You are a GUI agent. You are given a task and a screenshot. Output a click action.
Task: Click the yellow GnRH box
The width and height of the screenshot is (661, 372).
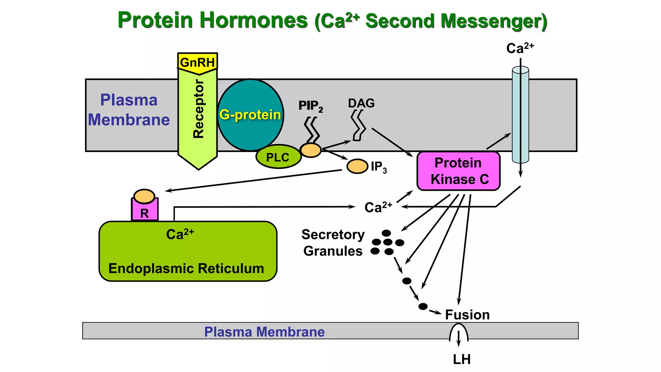(197, 62)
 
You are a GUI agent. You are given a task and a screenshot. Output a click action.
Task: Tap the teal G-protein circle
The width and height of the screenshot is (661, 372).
(250, 115)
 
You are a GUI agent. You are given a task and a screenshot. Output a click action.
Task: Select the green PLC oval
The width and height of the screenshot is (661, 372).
(278, 157)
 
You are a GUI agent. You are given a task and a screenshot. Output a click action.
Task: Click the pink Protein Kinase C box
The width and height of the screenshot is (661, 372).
(458, 171)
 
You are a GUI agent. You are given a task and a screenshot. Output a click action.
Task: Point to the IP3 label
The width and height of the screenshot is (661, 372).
(379, 167)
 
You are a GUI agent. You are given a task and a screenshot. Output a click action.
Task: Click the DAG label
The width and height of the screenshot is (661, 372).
(361, 103)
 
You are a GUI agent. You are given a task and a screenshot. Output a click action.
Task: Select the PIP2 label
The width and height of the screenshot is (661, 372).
(310, 106)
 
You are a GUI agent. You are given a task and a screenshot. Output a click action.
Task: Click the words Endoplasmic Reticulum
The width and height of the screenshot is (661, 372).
(186, 268)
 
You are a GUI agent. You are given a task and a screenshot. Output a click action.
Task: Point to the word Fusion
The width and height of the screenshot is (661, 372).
(467, 315)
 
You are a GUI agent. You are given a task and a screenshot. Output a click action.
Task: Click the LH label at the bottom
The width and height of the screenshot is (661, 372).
(462, 359)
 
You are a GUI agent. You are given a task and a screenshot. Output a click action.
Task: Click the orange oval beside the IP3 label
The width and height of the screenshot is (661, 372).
(357, 166)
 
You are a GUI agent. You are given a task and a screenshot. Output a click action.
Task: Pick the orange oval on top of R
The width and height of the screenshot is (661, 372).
(144, 196)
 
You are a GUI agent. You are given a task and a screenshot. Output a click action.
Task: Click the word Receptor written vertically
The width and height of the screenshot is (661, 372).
(198, 109)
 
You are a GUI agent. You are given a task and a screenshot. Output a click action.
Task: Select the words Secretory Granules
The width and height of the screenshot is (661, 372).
(333, 243)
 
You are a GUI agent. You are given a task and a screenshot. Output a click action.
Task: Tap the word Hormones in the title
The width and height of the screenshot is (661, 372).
(254, 20)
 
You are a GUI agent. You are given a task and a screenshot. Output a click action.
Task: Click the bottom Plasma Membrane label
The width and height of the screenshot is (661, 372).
(264, 332)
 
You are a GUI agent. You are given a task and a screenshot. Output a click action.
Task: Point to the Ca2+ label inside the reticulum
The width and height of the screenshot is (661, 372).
(180, 234)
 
